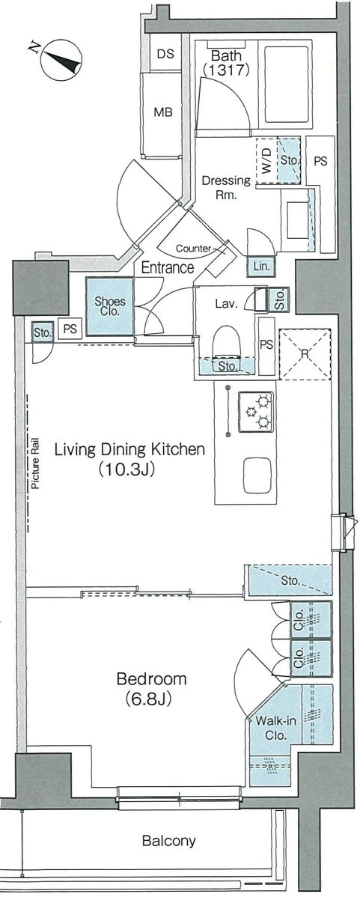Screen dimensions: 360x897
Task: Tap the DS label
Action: click(165, 55)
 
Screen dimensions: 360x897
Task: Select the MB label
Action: click(163, 112)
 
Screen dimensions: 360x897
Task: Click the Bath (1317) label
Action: click(226, 63)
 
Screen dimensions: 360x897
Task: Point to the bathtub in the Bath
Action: click(287, 85)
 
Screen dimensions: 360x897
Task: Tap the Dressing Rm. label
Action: click(226, 187)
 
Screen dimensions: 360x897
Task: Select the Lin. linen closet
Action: click(260, 266)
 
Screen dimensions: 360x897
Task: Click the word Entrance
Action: click(168, 267)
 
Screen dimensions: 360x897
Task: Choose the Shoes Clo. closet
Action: click(110, 307)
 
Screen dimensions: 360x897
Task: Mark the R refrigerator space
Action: click(305, 353)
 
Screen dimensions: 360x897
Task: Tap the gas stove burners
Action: click(255, 411)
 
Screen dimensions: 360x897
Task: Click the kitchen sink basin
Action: click(260, 475)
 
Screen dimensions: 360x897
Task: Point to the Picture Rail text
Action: click(35, 464)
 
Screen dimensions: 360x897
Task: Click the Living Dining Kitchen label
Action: click(129, 459)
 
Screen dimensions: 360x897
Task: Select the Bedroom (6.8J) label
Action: click(151, 688)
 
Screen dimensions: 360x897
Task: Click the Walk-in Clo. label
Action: click(275, 728)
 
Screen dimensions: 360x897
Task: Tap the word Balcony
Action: click(168, 840)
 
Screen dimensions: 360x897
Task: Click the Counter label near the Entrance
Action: click(193, 249)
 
